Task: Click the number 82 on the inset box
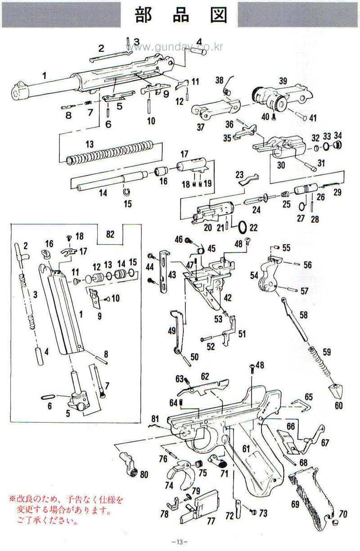click(x=110, y=234)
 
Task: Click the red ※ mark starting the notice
click(x=12, y=500)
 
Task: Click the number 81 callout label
click(x=155, y=420)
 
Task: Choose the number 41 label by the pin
click(x=312, y=118)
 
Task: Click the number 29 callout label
click(x=337, y=192)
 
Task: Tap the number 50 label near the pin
click(x=194, y=357)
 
